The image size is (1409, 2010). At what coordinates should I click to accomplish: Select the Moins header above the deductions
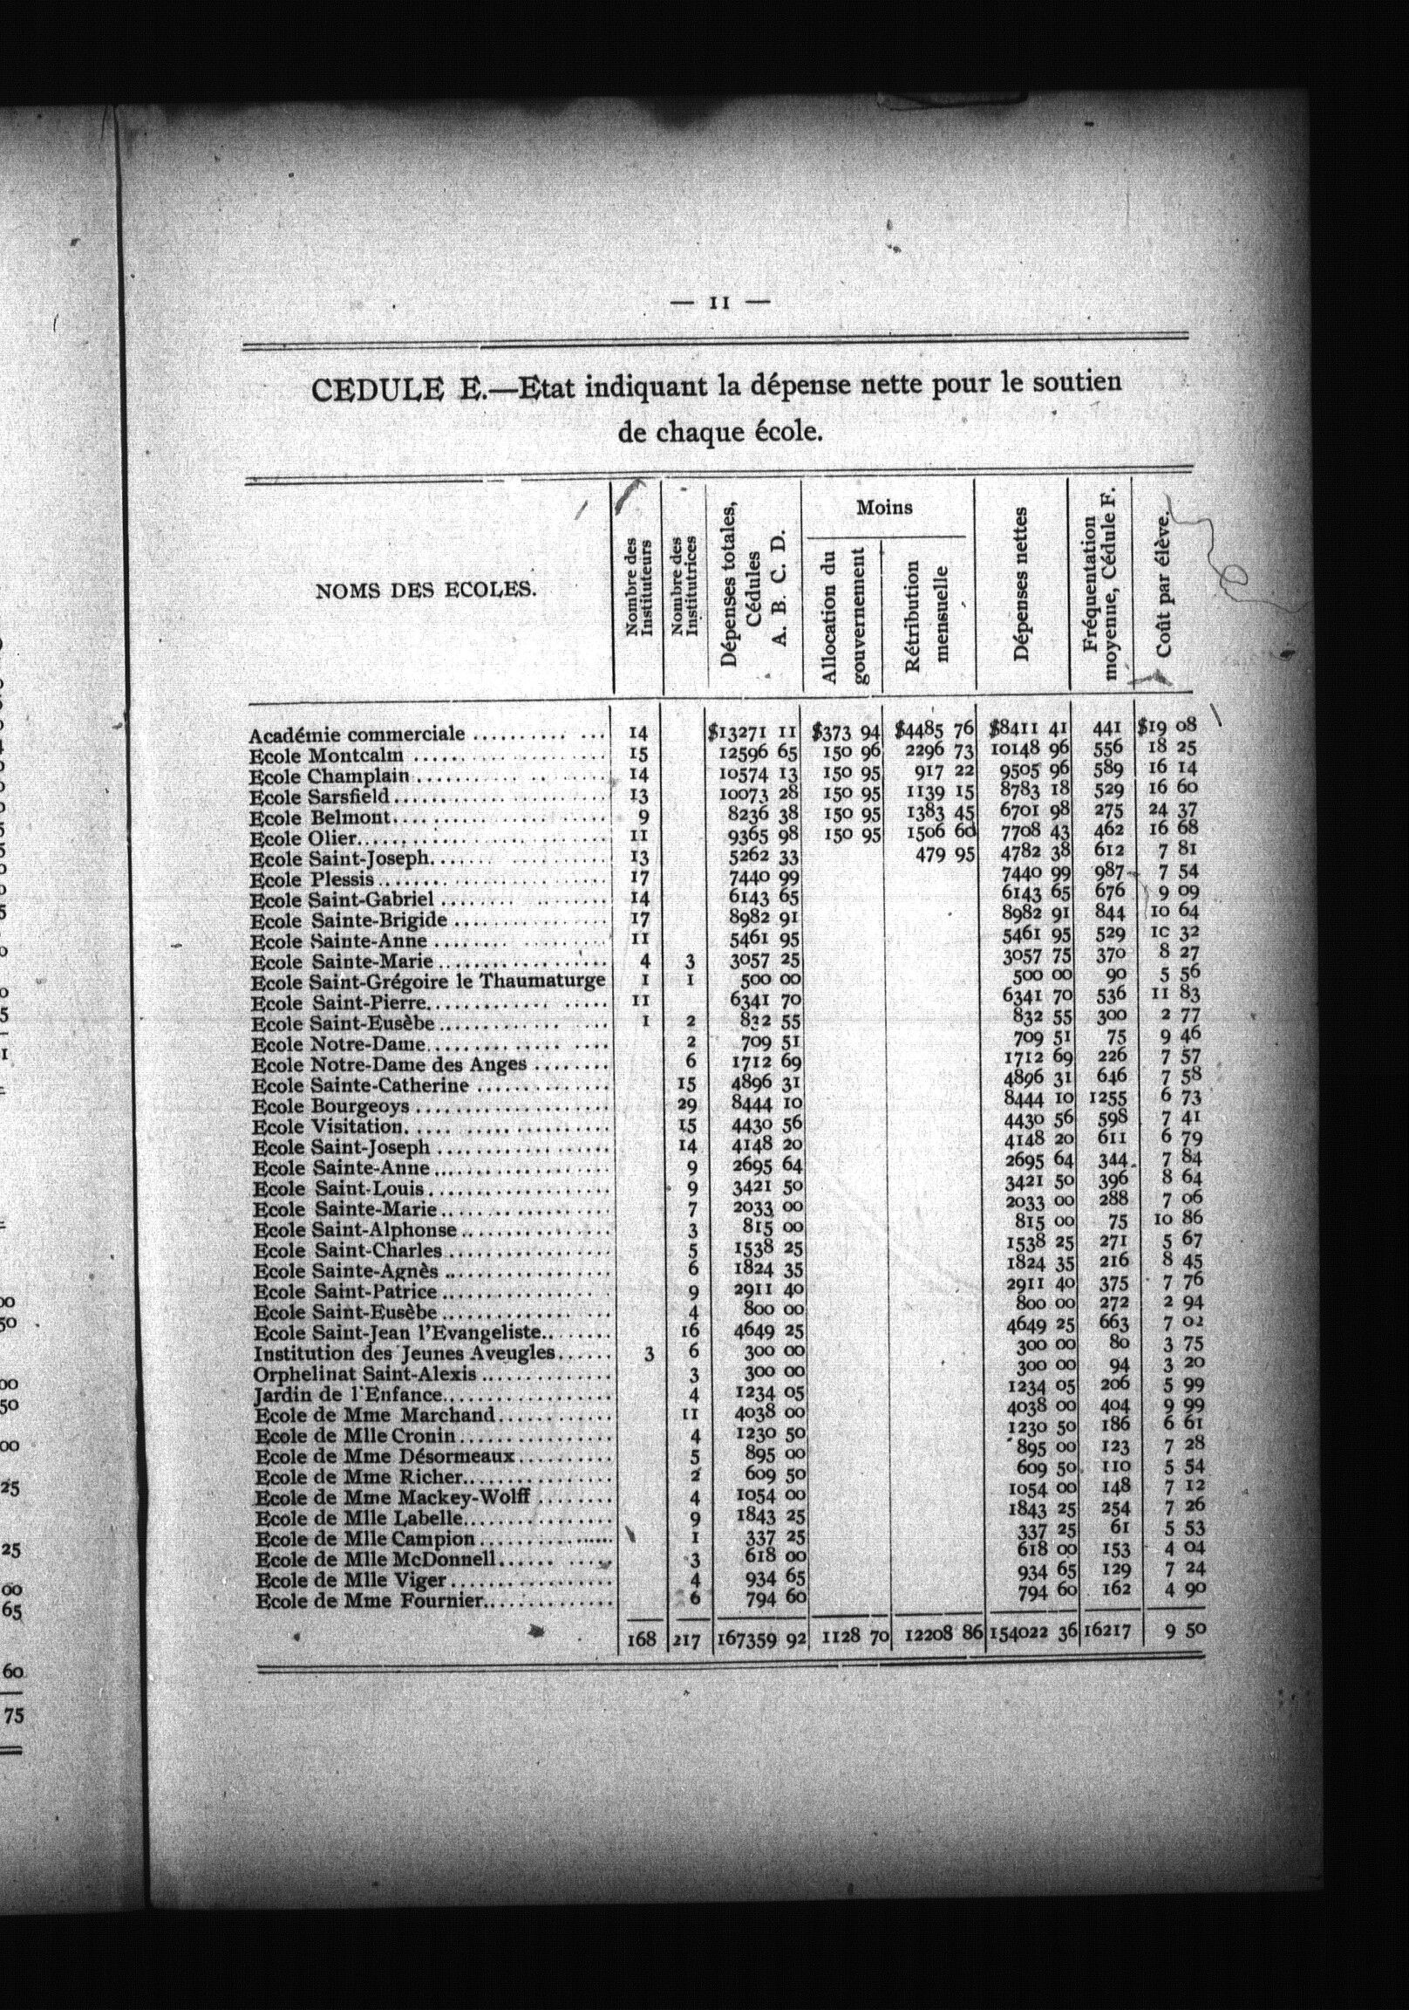point(884,507)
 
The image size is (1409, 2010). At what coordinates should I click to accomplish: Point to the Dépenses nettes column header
point(1021,585)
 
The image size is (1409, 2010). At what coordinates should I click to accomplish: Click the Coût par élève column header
point(1164,585)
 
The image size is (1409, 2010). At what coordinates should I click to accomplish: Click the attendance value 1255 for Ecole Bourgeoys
point(1107,1097)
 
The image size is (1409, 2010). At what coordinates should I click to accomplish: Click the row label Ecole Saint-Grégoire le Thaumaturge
point(427,981)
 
